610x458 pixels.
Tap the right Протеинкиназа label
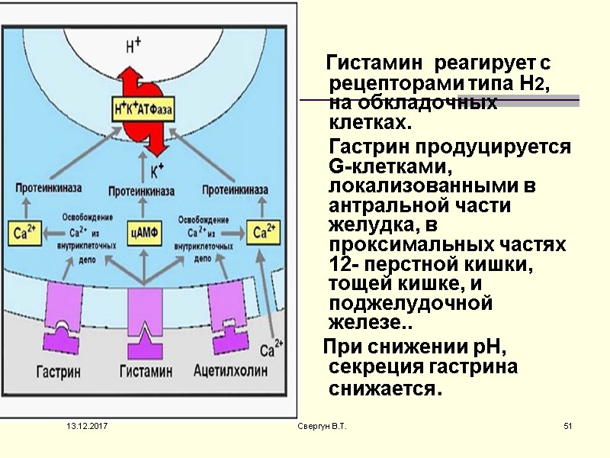tap(235, 189)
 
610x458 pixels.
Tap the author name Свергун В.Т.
tap(322, 425)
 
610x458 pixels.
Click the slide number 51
tap(567, 425)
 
